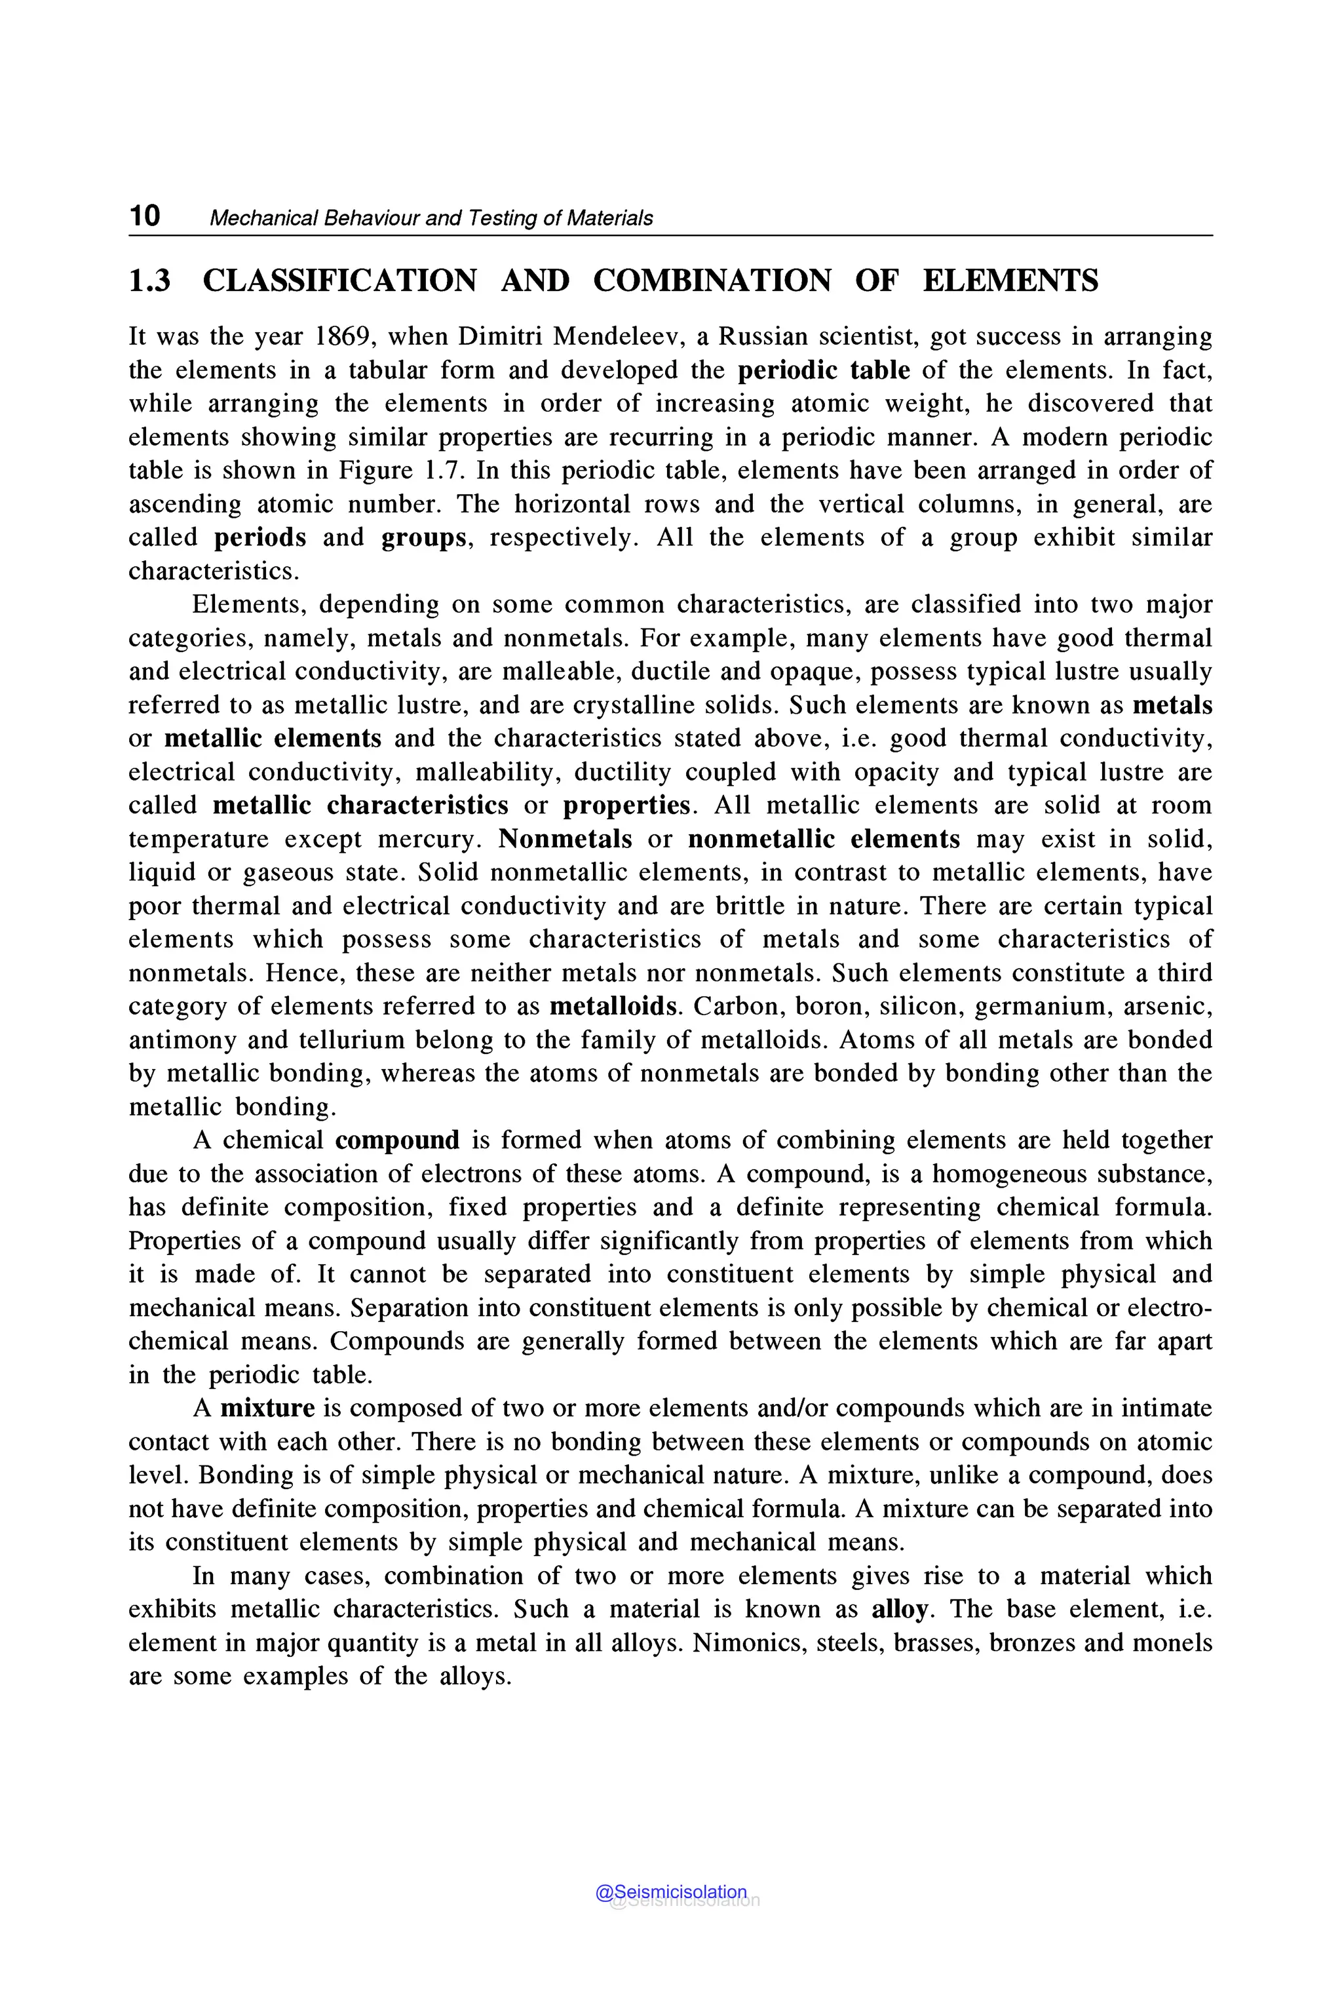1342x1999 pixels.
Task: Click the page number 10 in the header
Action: tap(145, 216)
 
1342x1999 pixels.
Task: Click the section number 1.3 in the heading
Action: tap(150, 281)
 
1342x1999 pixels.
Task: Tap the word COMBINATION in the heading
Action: tap(711, 281)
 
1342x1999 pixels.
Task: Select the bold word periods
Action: tap(259, 537)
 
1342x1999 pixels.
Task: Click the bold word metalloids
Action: tap(612, 1006)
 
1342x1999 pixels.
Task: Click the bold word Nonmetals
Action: tap(565, 839)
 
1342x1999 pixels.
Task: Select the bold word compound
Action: tap(397, 1140)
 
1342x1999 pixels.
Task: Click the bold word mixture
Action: tap(267, 1408)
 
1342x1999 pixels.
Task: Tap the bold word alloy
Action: tap(898, 1610)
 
